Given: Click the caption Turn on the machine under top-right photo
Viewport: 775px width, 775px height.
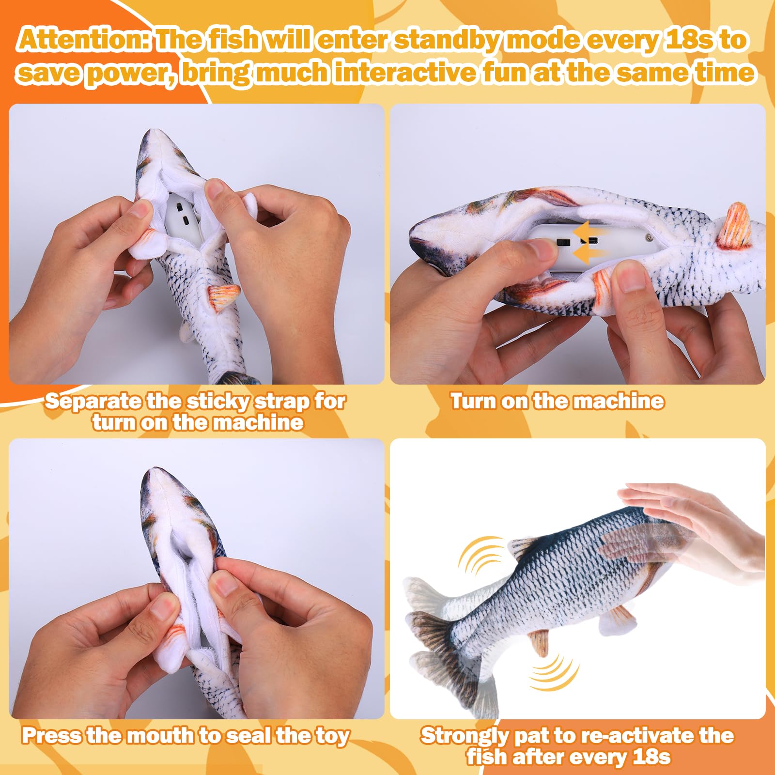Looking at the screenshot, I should pyautogui.click(x=557, y=402).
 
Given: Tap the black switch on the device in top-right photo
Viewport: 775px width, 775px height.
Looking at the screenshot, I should pyautogui.click(x=563, y=242).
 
